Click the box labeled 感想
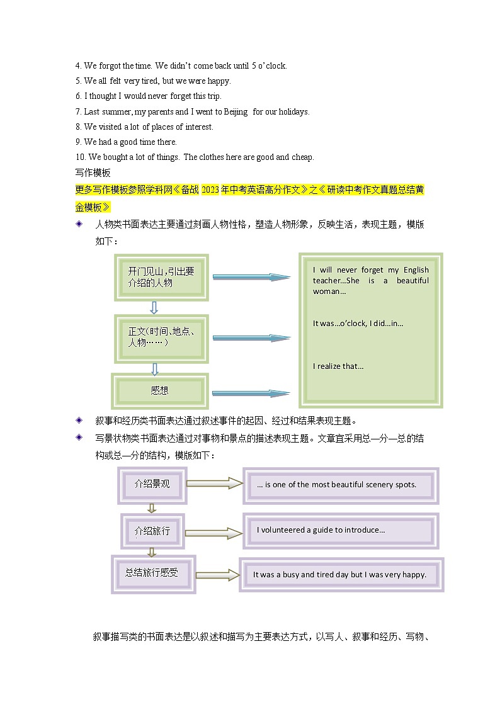coord(160,391)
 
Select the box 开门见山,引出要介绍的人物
coord(161,277)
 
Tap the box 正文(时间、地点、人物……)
coord(161,338)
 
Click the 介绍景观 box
coord(152,484)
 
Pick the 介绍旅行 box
coord(152,531)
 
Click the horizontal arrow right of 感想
coord(251,393)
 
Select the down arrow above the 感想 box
coord(155,369)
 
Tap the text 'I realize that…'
coord(338,366)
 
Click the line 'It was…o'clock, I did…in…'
coord(358,324)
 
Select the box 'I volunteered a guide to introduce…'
coord(341,530)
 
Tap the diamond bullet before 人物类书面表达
coord(79,224)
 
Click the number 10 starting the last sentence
coord(79,157)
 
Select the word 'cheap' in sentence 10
coord(302,157)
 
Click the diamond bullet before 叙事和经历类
coord(79,420)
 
